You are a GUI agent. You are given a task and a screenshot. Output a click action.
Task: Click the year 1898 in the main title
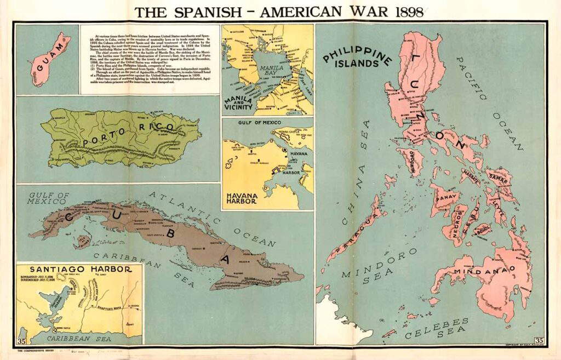click(403, 12)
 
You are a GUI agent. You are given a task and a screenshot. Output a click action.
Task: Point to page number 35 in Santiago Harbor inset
click(22, 341)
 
